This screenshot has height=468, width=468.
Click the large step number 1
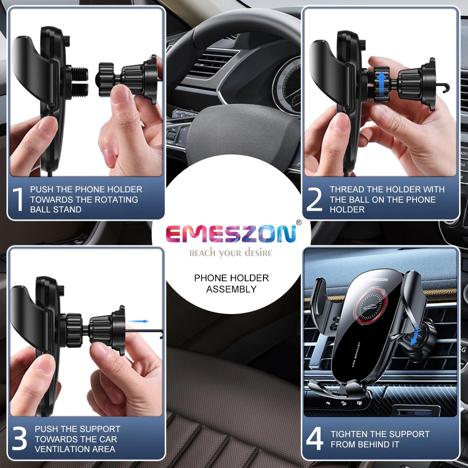pos(18,199)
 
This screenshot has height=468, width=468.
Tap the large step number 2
pos(314,199)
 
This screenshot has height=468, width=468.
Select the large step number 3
pos(19,439)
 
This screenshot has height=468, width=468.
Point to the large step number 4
pos(314,439)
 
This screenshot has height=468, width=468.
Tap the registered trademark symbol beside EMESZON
pos(299,222)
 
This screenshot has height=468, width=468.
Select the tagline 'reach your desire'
pos(231,253)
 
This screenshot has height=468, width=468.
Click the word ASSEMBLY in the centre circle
pos(232,289)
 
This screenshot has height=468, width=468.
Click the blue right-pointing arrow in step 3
pos(139,321)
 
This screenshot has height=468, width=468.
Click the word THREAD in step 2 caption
pos(346,190)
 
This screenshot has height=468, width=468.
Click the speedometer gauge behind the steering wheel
pos(286,84)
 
